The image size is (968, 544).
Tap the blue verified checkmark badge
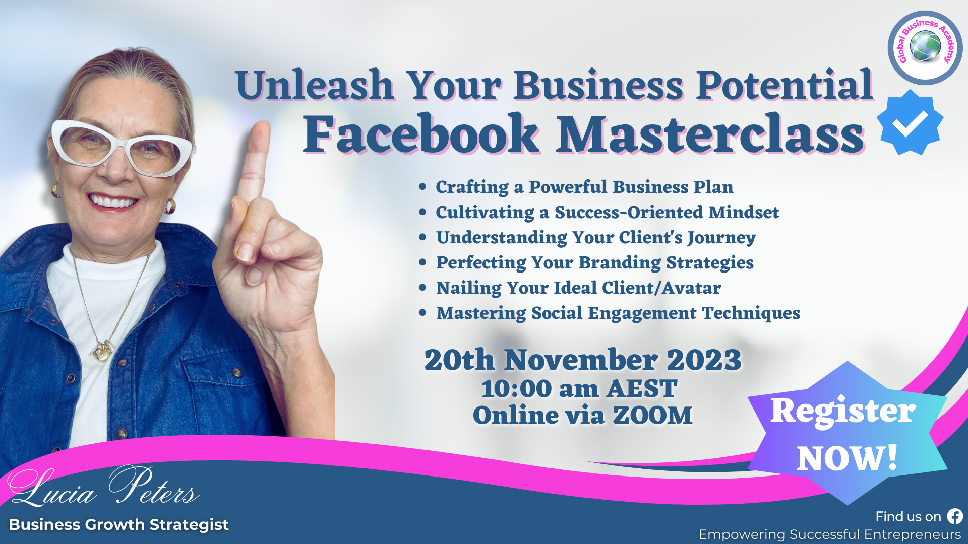tap(910, 122)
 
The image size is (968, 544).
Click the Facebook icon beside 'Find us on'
tap(955, 516)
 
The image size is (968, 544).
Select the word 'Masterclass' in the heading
tap(710, 134)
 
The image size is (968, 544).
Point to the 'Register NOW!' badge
tap(847, 433)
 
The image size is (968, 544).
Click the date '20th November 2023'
tap(583, 360)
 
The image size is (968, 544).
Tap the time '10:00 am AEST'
tap(579, 388)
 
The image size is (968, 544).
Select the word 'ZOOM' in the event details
tap(652, 415)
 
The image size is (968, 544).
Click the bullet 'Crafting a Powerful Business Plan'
tap(584, 187)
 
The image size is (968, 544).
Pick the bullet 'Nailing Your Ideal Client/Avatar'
tap(579, 288)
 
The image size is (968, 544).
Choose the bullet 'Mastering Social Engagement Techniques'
tap(618, 313)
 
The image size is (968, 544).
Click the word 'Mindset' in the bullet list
tap(744, 212)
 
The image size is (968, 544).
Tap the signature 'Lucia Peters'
tap(103, 486)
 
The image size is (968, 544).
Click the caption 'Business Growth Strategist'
tap(119, 524)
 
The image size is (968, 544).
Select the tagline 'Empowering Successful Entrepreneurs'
tap(830, 534)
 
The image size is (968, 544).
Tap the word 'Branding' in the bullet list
tap(620, 263)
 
